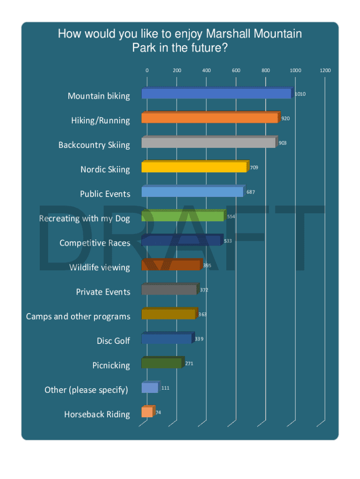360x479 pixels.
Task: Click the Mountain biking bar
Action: [x=216, y=94]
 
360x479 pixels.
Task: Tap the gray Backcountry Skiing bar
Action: [x=209, y=143]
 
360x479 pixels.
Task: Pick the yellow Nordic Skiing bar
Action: [x=194, y=167]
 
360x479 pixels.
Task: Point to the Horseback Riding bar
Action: [x=147, y=412]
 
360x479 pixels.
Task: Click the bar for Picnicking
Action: [x=161, y=363]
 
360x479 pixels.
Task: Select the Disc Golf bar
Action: [x=166, y=339]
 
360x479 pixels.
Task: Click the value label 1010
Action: [x=300, y=94]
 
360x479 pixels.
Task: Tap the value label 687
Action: [x=251, y=192]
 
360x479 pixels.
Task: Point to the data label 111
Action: [x=165, y=388]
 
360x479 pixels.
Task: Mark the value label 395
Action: [x=207, y=265]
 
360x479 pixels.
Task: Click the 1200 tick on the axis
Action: [x=325, y=70]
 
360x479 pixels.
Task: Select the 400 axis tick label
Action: [x=206, y=70]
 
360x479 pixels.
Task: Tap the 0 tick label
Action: [x=147, y=70]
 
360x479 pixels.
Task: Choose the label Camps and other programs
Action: [x=78, y=317]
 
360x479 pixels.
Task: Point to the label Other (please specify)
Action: [x=86, y=390]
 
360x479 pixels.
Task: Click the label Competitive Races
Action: [x=95, y=243]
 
